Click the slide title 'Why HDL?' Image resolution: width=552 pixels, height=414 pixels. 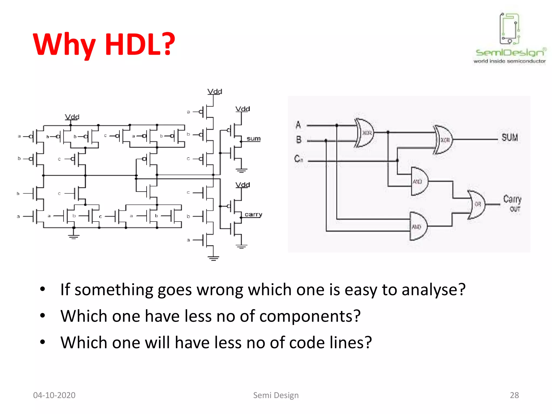[104, 44]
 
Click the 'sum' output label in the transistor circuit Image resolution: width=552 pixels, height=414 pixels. [253, 139]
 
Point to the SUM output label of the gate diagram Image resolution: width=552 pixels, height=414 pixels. [509, 137]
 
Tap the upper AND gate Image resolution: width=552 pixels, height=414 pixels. [419, 181]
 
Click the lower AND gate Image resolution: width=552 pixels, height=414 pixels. [418, 226]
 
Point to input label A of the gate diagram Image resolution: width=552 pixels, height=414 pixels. [298, 125]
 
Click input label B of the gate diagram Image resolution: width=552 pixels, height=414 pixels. [299, 140]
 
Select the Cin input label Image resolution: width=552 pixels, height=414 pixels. [298, 158]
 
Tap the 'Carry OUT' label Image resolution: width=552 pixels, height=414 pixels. [512, 203]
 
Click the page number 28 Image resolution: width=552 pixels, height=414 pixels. [514, 395]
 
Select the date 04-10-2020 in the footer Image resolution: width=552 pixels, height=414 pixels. [54, 395]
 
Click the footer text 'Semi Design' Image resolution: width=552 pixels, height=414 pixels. [276, 395]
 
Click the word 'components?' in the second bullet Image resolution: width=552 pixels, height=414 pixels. [310, 316]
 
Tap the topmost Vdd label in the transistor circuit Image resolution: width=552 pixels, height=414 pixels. [215, 92]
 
